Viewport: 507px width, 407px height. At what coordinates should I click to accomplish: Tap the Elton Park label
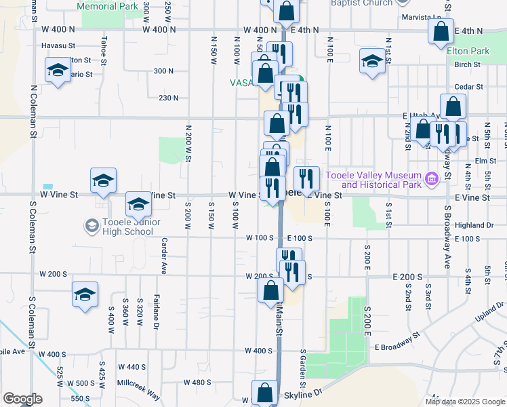[x=468, y=51]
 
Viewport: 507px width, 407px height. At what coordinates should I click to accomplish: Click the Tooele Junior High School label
[x=128, y=227]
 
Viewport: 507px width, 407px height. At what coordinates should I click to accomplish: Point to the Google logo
[x=22, y=399]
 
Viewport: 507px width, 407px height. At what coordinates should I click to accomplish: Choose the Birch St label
[x=468, y=65]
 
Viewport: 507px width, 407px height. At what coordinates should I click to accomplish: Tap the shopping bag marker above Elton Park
[x=441, y=31]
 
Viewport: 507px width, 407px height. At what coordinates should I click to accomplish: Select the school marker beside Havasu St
[x=58, y=71]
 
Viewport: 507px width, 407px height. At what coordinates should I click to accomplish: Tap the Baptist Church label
[x=361, y=3]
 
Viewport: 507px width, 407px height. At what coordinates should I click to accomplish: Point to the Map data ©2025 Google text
[x=464, y=402]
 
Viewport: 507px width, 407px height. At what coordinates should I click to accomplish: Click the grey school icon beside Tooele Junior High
[x=91, y=225]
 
